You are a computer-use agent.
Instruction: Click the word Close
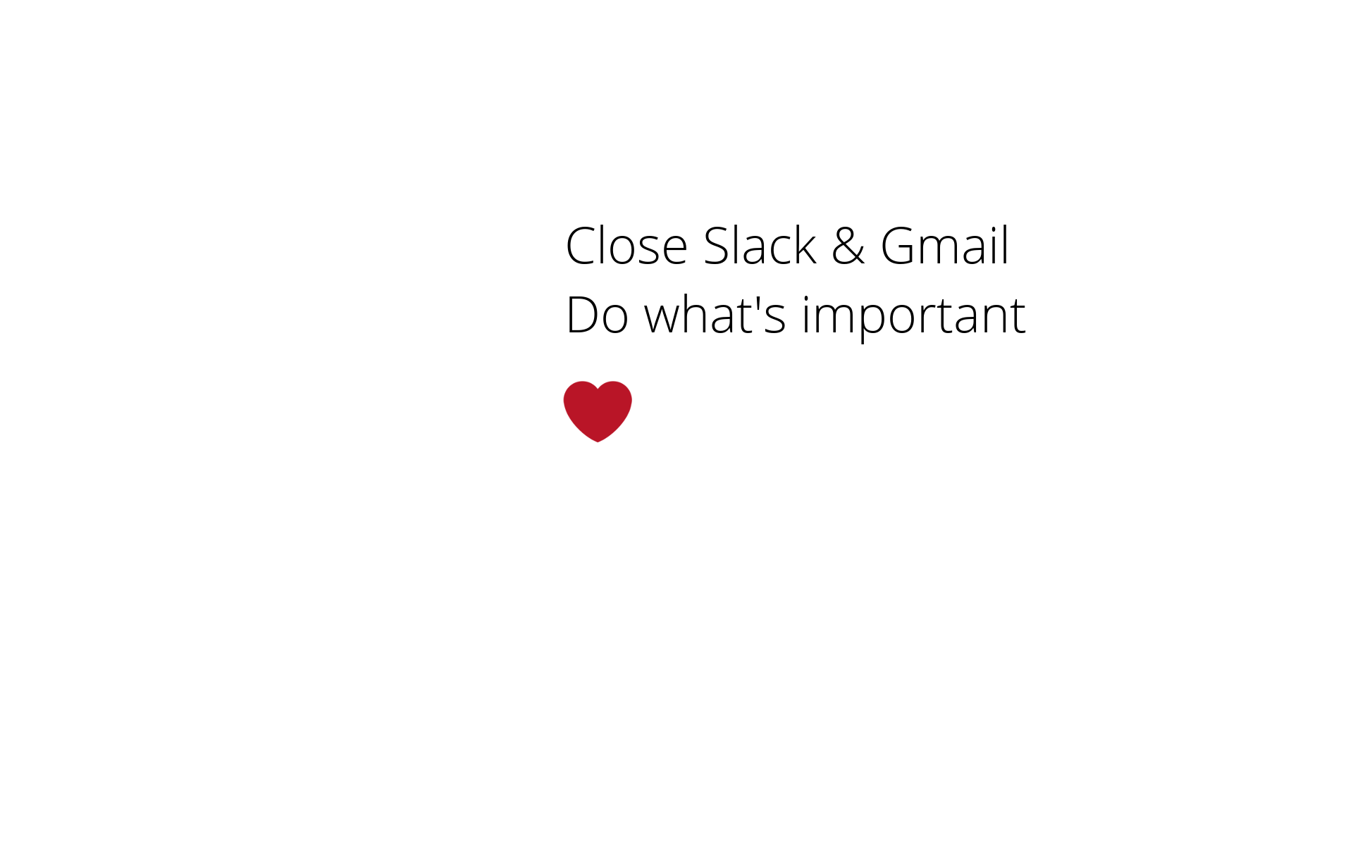(626, 246)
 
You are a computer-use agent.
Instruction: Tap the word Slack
(760, 246)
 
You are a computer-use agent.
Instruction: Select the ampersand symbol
(848, 246)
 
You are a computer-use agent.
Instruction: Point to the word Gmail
(944, 246)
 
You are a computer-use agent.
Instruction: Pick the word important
(913, 317)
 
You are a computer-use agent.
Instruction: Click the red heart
(598, 411)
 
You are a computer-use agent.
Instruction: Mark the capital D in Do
(582, 315)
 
